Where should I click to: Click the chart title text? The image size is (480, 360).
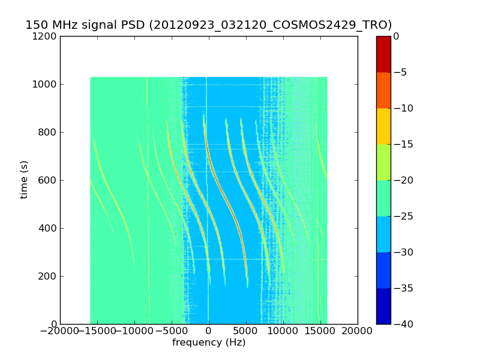click(208, 25)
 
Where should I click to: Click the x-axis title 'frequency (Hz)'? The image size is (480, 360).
click(209, 343)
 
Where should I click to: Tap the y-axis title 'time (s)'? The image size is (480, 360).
click(24, 180)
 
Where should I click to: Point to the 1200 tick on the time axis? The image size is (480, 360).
click(46, 37)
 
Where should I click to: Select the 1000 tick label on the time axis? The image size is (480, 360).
click(46, 85)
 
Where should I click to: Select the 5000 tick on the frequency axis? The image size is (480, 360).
click(246, 331)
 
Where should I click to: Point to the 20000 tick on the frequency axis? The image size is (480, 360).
click(358, 331)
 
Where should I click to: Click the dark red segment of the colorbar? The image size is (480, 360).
click(383, 54)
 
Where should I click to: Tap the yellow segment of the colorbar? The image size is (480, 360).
click(383, 126)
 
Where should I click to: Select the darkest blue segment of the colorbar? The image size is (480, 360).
click(383, 306)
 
